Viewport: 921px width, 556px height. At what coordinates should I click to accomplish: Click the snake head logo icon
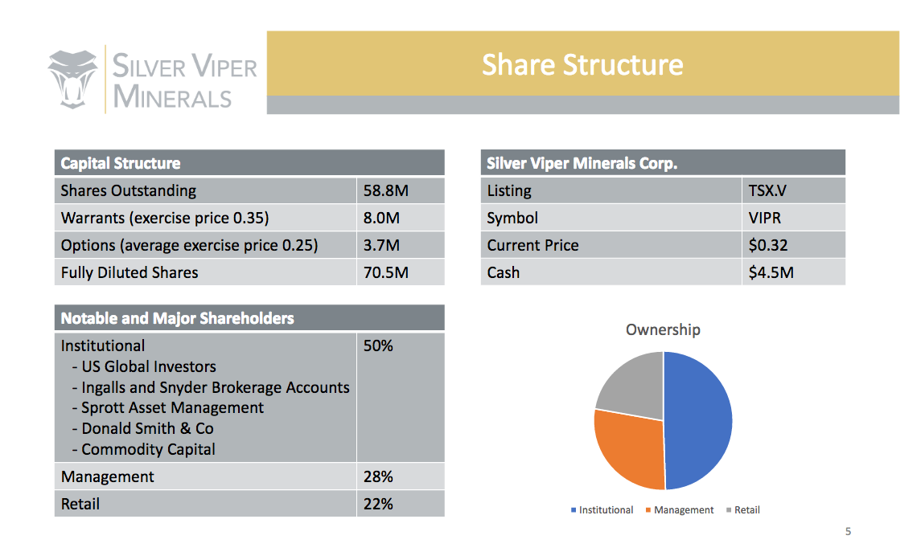point(72,80)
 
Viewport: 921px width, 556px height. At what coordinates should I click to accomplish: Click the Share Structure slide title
point(582,64)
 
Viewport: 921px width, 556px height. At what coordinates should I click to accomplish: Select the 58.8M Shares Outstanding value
point(386,190)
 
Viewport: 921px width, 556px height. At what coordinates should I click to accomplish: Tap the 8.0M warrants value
point(381,219)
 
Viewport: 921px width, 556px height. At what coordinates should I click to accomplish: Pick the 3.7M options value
point(381,245)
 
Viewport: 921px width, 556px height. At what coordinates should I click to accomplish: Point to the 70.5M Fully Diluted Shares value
point(386,272)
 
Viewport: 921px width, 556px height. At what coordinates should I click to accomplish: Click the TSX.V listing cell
point(767,190)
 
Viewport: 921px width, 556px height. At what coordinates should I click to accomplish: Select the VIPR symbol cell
point(765,219)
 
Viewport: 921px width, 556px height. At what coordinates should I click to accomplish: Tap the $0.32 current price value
point(767,245)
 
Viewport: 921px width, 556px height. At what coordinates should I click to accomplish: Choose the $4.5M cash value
point(771,272)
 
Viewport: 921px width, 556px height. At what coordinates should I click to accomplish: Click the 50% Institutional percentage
point(378,345)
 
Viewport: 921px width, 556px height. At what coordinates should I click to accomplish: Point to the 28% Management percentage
point(378,476)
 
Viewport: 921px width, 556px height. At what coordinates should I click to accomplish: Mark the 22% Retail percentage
point(378,504)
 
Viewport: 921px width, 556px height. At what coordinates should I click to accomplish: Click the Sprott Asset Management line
point(168,407)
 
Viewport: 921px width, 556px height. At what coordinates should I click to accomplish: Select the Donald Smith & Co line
point(142,429)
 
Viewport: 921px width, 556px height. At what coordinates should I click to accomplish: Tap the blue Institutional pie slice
point(699,420)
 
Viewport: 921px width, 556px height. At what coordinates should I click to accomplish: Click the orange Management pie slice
point(627,448)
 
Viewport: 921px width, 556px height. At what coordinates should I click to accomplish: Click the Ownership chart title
point(663,329)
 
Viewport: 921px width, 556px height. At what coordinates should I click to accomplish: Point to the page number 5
point(848,531)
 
